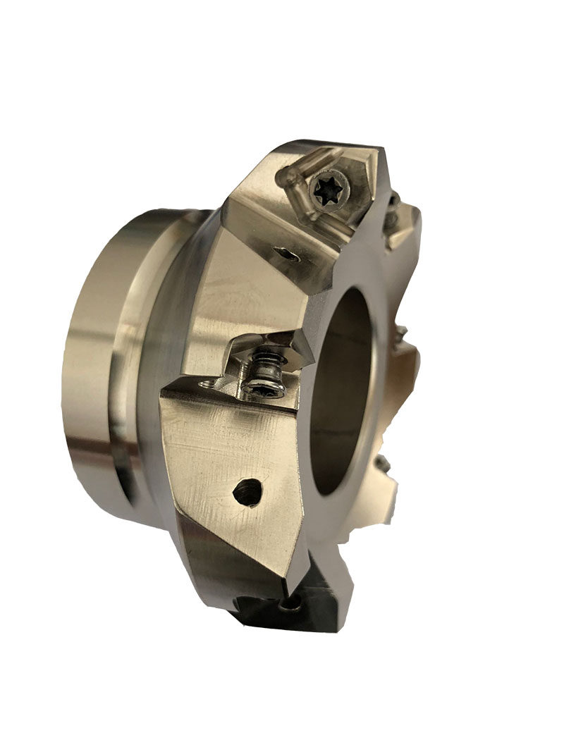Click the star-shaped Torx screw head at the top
pyautogui.click(x=328, y=189)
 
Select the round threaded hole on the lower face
pyautogui.click(x=246, y=491)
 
